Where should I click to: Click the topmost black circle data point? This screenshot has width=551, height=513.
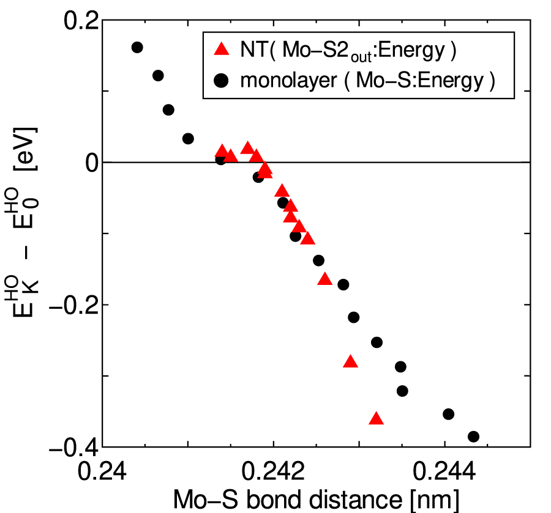tap(137, 47)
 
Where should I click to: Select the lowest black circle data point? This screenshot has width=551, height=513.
tap(473, 437)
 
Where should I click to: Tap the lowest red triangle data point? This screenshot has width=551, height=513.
tap(377, 419)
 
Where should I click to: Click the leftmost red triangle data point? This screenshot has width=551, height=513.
tap(222, 152)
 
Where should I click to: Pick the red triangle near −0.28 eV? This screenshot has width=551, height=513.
tap(350, 361)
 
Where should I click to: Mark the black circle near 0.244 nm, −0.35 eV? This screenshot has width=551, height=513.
tap(448, 414)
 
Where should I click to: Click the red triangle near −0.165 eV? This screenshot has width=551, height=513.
tap(325, 279)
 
